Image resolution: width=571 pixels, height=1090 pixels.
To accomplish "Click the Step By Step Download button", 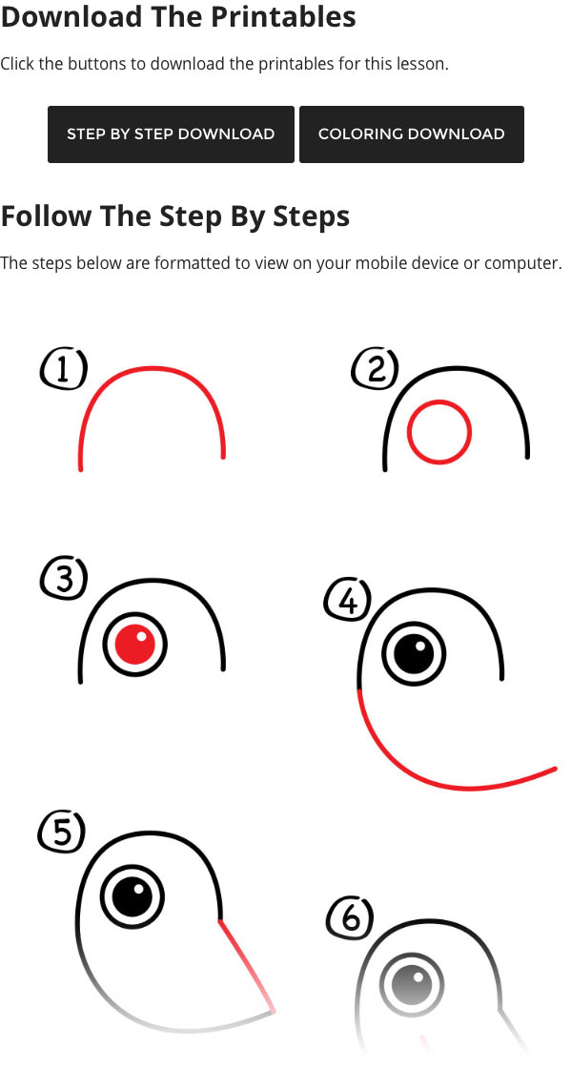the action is pos(171,134).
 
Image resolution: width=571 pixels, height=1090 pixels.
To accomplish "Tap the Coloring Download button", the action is pos(411,134).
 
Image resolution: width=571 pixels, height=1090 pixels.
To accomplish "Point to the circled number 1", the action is pos(64,369).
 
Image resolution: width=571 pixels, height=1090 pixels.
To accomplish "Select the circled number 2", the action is pos(376,369).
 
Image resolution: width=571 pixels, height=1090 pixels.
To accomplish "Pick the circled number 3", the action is pos(64,578).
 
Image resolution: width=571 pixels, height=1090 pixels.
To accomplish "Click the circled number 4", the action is pos(348,601).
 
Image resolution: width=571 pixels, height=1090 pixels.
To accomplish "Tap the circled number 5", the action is pos(61,833).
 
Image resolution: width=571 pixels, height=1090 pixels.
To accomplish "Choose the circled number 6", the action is pos(350,919).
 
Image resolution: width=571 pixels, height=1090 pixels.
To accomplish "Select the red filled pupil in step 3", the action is pos(134,645).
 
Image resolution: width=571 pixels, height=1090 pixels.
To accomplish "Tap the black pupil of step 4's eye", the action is pos(414,654).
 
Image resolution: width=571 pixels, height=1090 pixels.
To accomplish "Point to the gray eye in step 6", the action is pos(412,986).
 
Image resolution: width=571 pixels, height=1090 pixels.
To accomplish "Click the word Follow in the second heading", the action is pos(46,216).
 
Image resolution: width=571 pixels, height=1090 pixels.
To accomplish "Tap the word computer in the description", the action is pos(522,265).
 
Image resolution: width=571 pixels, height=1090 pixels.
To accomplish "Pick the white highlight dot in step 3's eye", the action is pos(141,635).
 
